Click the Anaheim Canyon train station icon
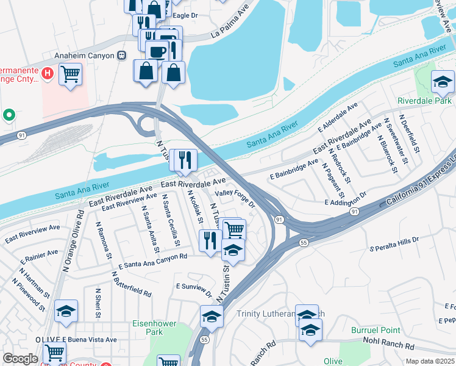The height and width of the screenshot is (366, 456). (122, 56)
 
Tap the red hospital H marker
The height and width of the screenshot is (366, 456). (48, 74)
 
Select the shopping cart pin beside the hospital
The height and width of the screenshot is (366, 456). (70, 74)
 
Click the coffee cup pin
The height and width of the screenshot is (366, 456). (157, 51)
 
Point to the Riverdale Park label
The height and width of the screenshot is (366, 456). (425, 100)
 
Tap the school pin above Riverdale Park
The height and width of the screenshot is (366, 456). (443, 82)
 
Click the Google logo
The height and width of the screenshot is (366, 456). (20, 359)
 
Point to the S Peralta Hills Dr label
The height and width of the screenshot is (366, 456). (394, 243)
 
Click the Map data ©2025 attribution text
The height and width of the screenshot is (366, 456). (430, 361)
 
